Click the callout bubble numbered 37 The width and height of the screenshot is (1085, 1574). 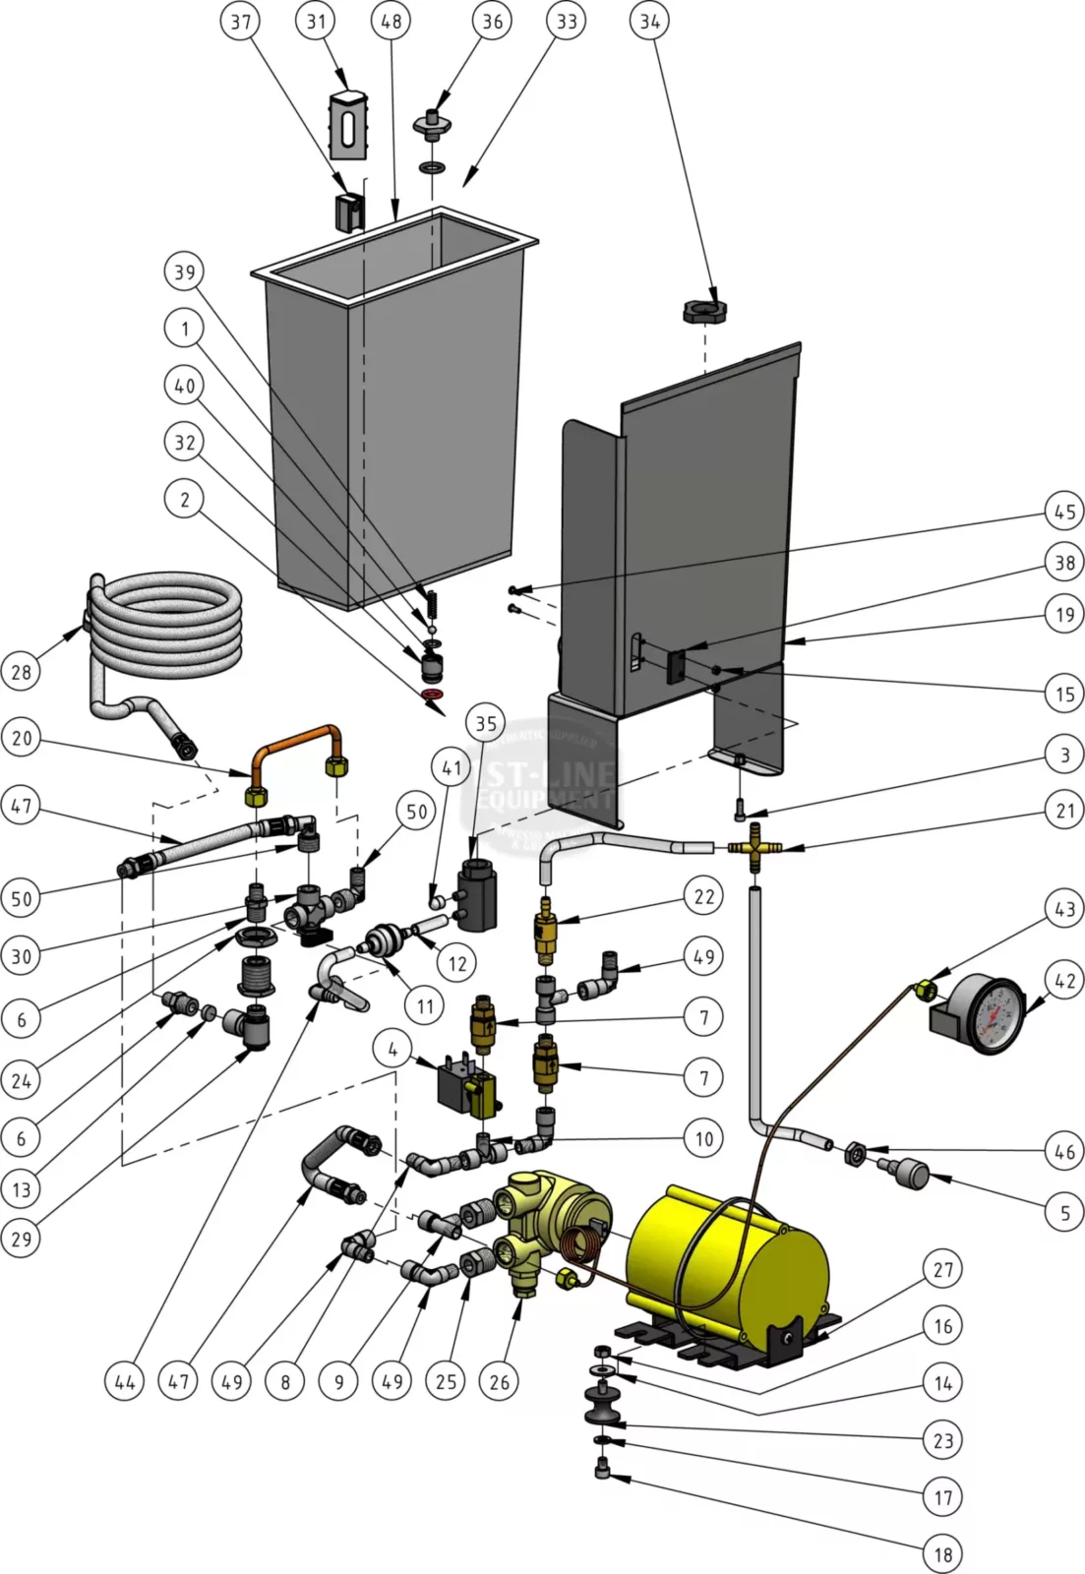click(241, 21)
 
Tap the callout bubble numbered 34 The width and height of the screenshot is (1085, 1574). click(649, 21)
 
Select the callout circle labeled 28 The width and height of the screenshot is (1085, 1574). click(22, 672)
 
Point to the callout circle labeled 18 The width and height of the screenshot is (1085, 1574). click(942, 1554)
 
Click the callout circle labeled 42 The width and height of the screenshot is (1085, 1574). click(1064, 980)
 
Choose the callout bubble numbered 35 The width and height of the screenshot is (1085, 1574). click(486, 724)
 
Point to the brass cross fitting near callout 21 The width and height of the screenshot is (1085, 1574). click(754, 846)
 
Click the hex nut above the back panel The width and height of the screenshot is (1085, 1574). click(704, 313)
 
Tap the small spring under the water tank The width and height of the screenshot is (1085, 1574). click(429, 598)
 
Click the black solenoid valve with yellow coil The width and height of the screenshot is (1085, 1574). click(466, 1089)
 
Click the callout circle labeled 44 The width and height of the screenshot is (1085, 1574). click(125, 1381)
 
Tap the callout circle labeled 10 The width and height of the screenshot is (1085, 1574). click(703, 1138)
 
